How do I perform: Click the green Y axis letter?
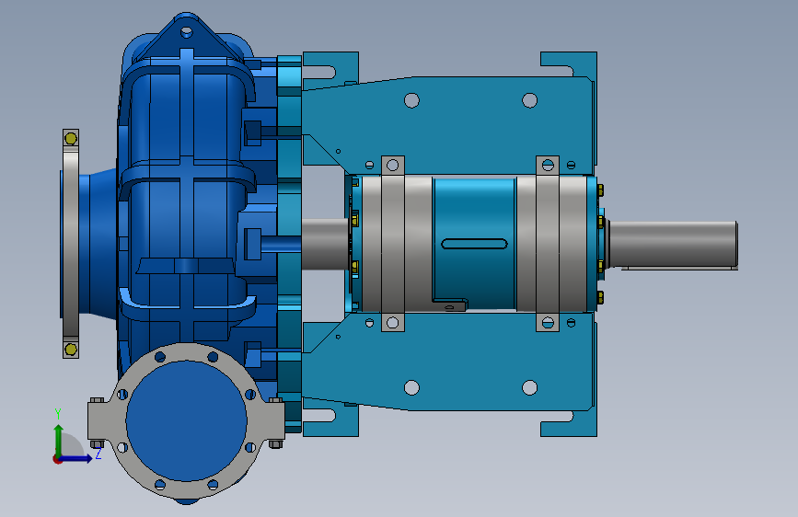[58, 414]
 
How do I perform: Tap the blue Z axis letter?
[98, 454]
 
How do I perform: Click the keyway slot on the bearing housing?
[474, 244]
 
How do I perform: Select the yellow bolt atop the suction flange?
[71, 138]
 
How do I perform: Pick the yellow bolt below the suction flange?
[71, 349]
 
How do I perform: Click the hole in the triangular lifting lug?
[187, 32]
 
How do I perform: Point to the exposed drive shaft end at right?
[673, 244]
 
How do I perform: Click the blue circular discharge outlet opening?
[186, 420]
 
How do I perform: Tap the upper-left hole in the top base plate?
[411, 100]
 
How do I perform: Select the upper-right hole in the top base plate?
[530, 100]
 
